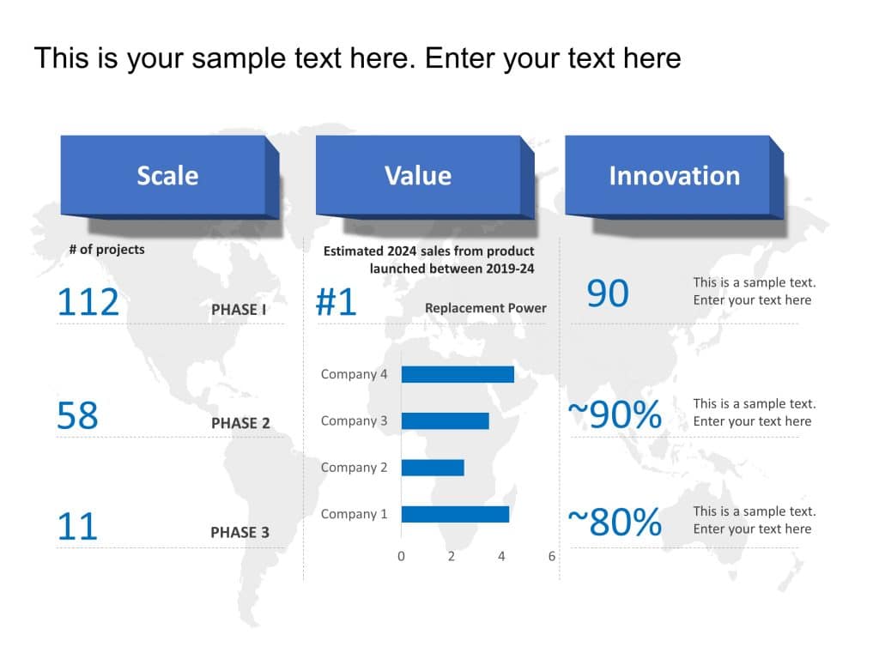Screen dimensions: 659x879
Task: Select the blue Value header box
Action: [x=418, y=175]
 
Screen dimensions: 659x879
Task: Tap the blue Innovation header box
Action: [x=674, y=175]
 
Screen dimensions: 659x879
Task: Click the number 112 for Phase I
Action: [x=88, y=303]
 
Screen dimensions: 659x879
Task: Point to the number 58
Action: [x=77, y=416]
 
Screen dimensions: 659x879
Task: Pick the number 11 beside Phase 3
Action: [x=77, y=526]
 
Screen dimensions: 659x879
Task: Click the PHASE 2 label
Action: [x=240, y=423]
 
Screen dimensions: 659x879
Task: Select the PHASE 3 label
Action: [x=239, y=532]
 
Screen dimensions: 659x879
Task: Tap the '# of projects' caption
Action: [x=106, y=250]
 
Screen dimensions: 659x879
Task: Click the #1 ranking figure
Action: [x=336, y=303]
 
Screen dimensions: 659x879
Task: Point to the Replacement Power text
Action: [x=485, y=308]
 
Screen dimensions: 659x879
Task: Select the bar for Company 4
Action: [x=458, y=374]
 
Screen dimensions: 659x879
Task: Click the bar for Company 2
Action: [x=433, y=468]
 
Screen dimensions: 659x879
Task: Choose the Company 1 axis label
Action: [x=354, y=514]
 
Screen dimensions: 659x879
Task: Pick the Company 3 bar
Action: [x=445, y=420]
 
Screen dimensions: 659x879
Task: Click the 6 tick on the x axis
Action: [x=552, y=556]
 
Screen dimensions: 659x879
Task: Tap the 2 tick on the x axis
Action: [x=452, y=556]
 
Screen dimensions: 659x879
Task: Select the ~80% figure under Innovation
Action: [x=615, y=522]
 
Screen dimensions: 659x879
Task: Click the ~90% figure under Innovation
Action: [x=615, y=414]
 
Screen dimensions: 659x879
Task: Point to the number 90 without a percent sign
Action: [x=608, y=293]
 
